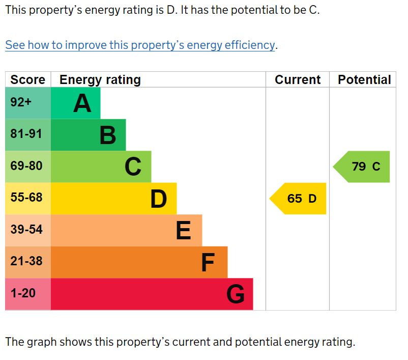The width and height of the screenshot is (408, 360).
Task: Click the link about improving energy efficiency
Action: pyautogui.click(x=140, y=45)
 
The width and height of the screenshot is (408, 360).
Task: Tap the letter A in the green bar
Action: pyautogui.click(x=82, y=103)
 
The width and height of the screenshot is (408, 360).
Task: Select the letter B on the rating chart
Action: pyautogui.click(x=108, y=135)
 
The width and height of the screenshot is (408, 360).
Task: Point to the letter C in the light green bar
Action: pyautogui.click(x=133, y=167)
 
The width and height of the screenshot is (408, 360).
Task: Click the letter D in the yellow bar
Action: pyautogui.click(x=159, y=199)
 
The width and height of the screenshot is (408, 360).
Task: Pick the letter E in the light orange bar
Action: pyautogui.click(x=184, y=231)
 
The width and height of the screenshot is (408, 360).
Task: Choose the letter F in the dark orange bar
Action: pyautogui.click(x=208, y=263)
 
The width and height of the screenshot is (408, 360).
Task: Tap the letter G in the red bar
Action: pyautogui.click(x=236, y=294)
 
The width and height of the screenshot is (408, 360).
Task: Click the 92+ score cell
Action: pyautogui.click(x=21, y=102)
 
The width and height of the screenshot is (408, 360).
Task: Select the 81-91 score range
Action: pyautogui.click(x=26, y=134)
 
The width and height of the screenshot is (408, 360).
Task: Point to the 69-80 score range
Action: pyautogui.click(x=26, y=166)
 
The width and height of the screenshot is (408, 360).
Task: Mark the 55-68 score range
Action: pyautogui.click(x=26, y=198)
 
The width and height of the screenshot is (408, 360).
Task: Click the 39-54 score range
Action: pyautogui.click(x=26, y=230)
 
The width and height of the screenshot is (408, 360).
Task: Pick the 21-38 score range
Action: pyautogui.click(x=26, y=262)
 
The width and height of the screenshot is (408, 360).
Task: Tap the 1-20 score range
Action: pyautogui.click(x=23, y=294)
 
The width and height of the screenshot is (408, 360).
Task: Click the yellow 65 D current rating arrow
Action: pyautogui.click(x=300, y=199)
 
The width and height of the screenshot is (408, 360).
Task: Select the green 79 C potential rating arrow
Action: pyautogui.click(x=364, y=167)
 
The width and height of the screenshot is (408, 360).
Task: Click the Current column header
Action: pyautogui.click(x=298, y=80)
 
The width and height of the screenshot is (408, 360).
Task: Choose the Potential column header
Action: pyautogui.click(x=364, y=80)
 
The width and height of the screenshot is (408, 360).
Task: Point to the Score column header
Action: pyautogui.click(x=27, y=80)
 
